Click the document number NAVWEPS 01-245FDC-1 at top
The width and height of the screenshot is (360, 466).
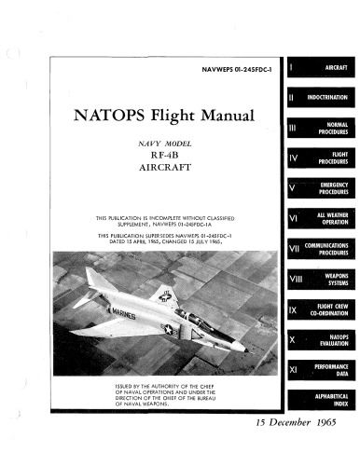(x=240, y=70)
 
